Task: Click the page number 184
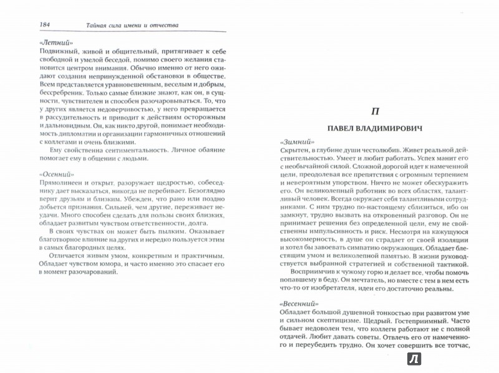[x=27, y=25]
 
